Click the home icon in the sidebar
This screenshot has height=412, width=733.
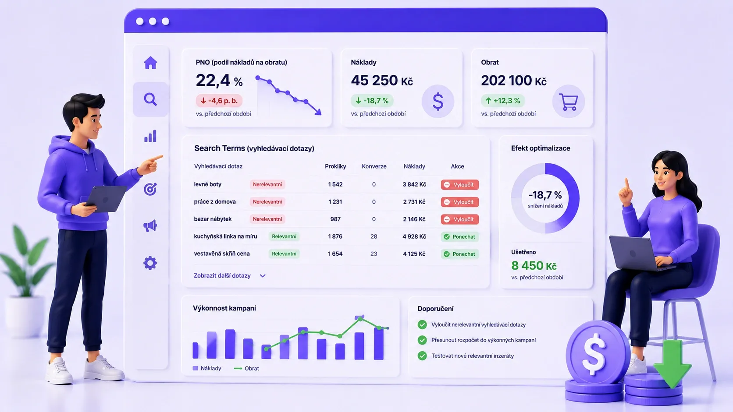(150, 63)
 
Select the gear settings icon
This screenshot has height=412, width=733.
(150, 263)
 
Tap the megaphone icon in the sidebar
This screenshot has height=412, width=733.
(150, 225)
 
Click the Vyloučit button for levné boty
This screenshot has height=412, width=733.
(459, 185)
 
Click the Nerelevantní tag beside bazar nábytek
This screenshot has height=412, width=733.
(267, 219)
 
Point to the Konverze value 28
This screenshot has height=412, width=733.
(374, 236)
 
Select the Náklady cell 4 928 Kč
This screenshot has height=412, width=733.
(414, 236)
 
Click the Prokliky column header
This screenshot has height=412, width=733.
(335, 166)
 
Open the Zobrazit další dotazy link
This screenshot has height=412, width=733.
(229, 276)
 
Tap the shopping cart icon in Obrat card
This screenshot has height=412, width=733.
(569, 101)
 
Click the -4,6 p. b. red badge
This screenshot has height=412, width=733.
(219, 101)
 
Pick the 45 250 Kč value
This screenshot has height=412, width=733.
(382, 81)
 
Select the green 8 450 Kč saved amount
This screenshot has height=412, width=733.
(534, 266)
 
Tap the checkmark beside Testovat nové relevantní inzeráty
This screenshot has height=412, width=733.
(422, 356)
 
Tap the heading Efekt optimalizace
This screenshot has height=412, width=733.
(541, 148)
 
